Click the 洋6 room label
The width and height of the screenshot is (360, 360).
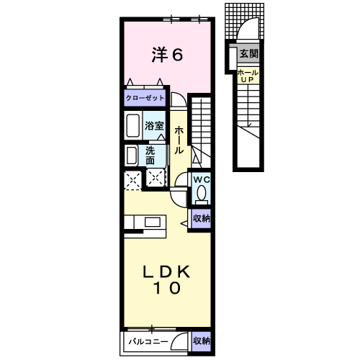point(167,55)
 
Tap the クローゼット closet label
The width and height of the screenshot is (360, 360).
point(145,98)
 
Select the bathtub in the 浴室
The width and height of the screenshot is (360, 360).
point(133,125)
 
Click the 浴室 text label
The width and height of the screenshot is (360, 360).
point(154,125)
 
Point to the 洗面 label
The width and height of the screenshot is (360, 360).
point(150,156)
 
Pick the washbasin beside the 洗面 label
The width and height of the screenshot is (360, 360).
point(132,156)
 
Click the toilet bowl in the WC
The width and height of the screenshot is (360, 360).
point(201,193)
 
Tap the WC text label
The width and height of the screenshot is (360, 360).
point(202,179)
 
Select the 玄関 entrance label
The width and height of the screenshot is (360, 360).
point(249,53)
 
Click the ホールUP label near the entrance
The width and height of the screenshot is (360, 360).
point(248,76)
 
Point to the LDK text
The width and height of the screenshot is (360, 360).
point(167,271)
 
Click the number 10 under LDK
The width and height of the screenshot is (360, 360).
point(167,288)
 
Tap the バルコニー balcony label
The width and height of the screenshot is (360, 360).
point(148,341)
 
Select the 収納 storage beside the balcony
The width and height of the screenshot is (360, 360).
point(202,341)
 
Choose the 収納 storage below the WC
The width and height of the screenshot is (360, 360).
point(202,218)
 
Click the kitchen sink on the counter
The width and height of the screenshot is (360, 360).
point(153,222)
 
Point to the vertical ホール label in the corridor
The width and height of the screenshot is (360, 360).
point(179,140)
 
